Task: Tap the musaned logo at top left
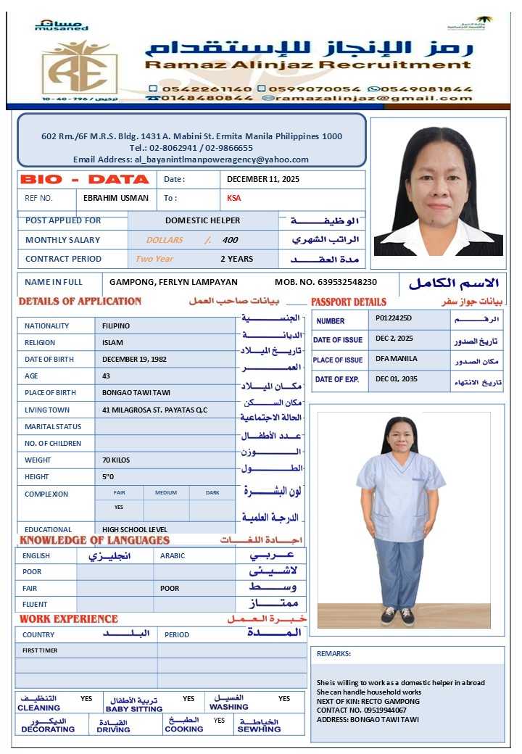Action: point(62,25)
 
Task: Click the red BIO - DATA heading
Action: point(85,179)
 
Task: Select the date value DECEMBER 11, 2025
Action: point(263,179)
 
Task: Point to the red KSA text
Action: point(234,198)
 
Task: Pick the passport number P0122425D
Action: point(394,318)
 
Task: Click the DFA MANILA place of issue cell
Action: point(397,359)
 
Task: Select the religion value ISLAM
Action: point(113,342)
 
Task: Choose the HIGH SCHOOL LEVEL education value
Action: point(135,529)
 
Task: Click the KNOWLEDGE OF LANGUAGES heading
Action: point(94,540)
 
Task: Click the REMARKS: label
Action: point(333,653)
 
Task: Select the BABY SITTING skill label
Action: point(133,708)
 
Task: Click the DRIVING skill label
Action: point(113,729)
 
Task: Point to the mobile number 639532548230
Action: point(344,282)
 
